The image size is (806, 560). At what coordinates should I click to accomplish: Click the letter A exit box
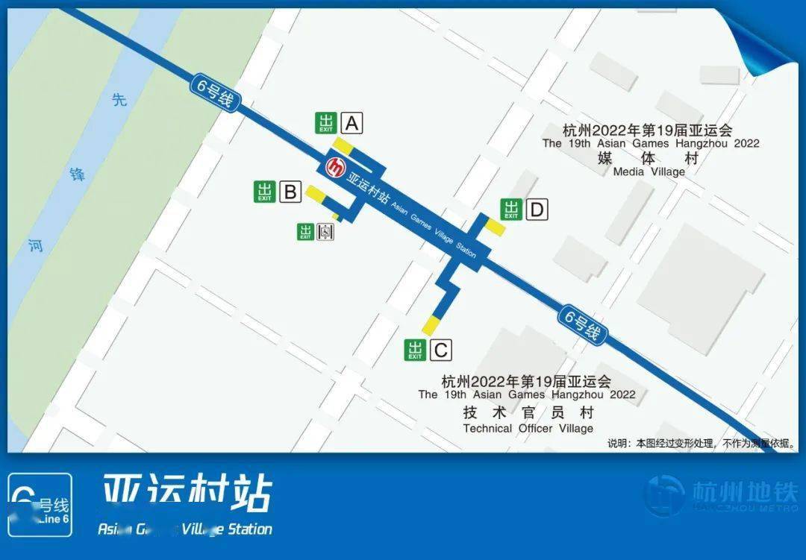tap(352, 123)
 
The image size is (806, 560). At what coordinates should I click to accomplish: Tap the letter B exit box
tap(290, 192)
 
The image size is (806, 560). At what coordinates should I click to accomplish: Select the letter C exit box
tap(440, 349)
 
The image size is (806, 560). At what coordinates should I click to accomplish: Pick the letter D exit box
tap(536, 210)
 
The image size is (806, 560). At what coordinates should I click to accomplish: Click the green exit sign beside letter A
tap(326, 123)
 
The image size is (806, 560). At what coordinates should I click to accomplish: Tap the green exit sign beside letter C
tap(415, 349)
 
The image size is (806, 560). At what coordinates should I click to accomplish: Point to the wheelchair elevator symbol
tap(325, 232)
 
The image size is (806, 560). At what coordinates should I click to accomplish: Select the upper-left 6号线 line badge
tap(216, 95)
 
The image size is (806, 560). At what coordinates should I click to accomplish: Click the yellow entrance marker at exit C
tap(431, 326)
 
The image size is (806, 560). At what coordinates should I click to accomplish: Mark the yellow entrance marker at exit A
tap(344, 145)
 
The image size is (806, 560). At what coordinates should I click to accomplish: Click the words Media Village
tap(649, 172)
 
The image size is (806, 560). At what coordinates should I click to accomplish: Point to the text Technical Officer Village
tap(528, 428)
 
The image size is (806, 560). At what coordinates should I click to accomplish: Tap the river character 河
tap(36, 245)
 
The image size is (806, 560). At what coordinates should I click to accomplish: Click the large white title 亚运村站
tap(187, 493)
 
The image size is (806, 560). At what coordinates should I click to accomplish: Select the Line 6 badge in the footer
tap(40, 505)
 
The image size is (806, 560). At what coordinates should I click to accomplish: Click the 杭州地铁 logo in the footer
tap(722, 494)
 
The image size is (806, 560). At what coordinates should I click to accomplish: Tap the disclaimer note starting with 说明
tap(701, 443)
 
